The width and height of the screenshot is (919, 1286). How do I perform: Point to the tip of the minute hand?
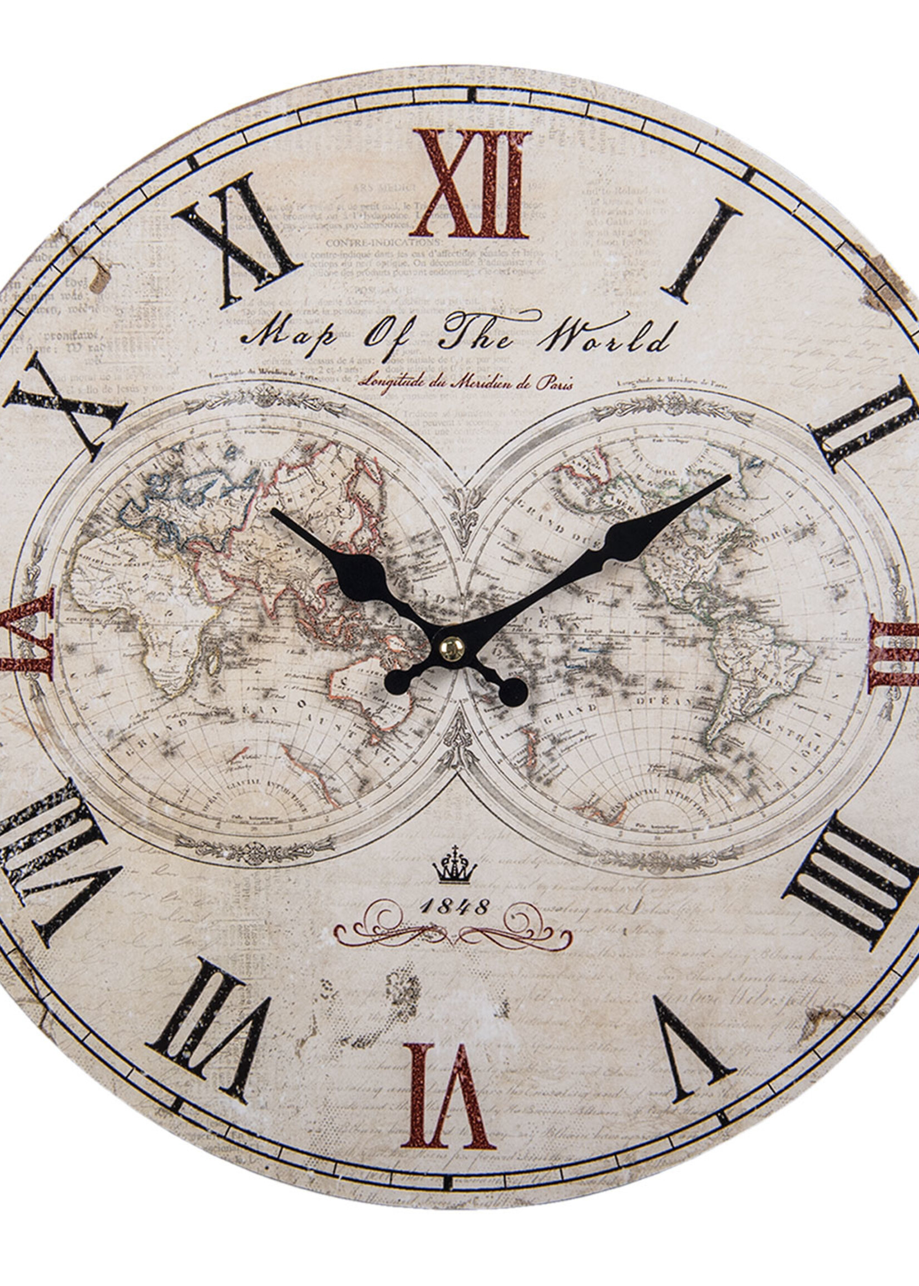pos(729,477)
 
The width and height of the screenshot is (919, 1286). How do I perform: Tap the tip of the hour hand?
pos(273,510)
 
